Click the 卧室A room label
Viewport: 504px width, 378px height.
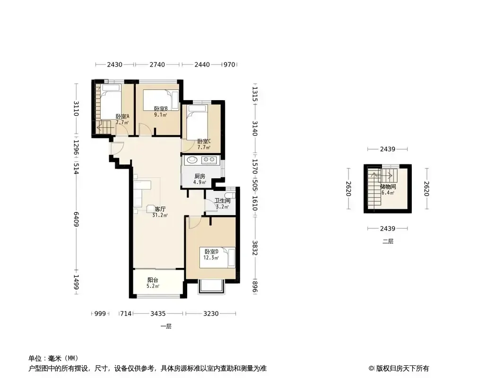click(122, 119)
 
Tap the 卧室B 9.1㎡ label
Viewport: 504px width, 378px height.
click(161, 112)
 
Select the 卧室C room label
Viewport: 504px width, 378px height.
click(204, 144)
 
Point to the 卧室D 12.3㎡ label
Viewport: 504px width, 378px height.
click(211, 254)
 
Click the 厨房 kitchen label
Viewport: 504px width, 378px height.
click(200, 179)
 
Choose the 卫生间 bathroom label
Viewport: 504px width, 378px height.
click(222, 204)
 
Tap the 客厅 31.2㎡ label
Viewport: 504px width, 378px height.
click(160, 212)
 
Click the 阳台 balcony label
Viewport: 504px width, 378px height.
click(153, 283)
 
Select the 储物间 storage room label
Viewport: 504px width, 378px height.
click(388, 189)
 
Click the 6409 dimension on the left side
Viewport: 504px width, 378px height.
click(76, 219)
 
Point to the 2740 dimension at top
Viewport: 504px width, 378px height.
click(157, 65)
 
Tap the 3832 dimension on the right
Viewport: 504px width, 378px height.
click(255, 248)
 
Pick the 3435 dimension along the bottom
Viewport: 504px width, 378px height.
click(158, 313)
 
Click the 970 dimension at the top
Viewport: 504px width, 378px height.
click(229, 65)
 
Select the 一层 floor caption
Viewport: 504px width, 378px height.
click(166, 326)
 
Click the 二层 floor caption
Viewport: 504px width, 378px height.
click(388, 241)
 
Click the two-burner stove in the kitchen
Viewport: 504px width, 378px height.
click(209, 160)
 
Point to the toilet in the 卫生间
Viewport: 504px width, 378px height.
click(230, 195)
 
